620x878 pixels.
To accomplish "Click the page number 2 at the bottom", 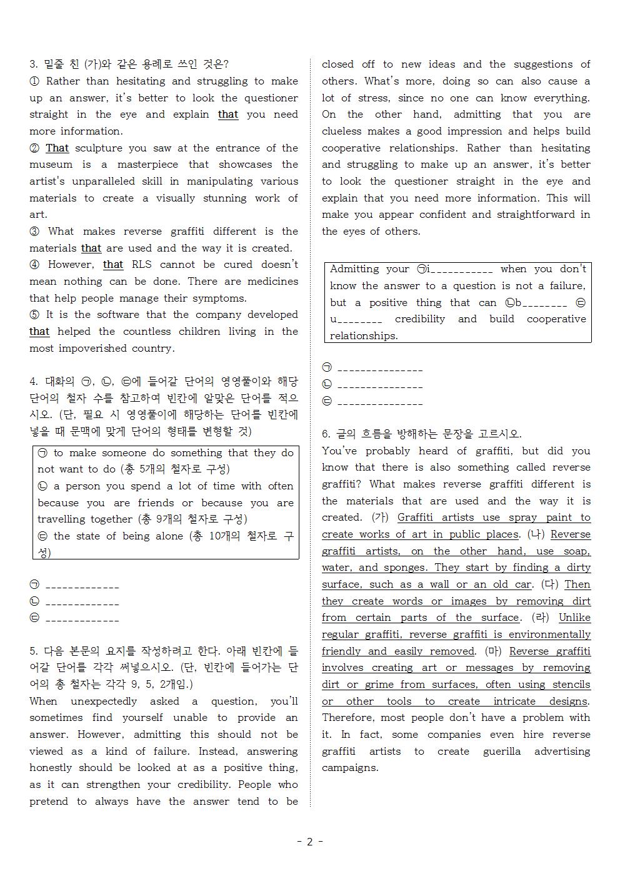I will (309, 842).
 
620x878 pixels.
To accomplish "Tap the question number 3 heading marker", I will (33, 64).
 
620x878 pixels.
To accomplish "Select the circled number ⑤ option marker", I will (34, 315).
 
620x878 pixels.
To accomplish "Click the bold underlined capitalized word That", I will (57, 148).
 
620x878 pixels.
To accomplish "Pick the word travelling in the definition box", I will (67, 519).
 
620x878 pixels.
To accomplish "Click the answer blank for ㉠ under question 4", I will (82, 587).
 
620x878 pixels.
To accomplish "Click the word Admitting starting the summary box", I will (355, 269).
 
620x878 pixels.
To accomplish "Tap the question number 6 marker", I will (326, 434).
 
